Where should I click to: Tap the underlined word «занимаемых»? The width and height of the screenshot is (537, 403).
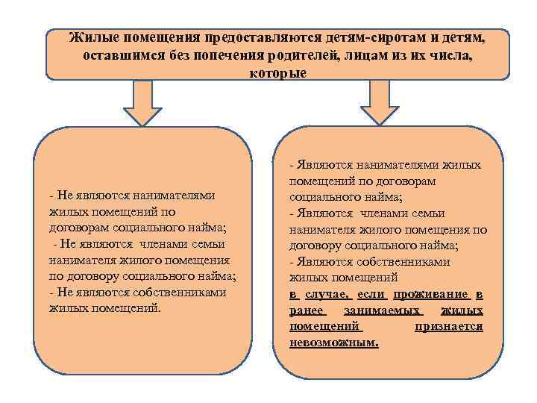[x=383, y=310]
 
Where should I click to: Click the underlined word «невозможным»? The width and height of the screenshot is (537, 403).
[x=333, y=343]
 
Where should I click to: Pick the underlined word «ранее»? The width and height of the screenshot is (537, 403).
[x=308, y=310]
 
